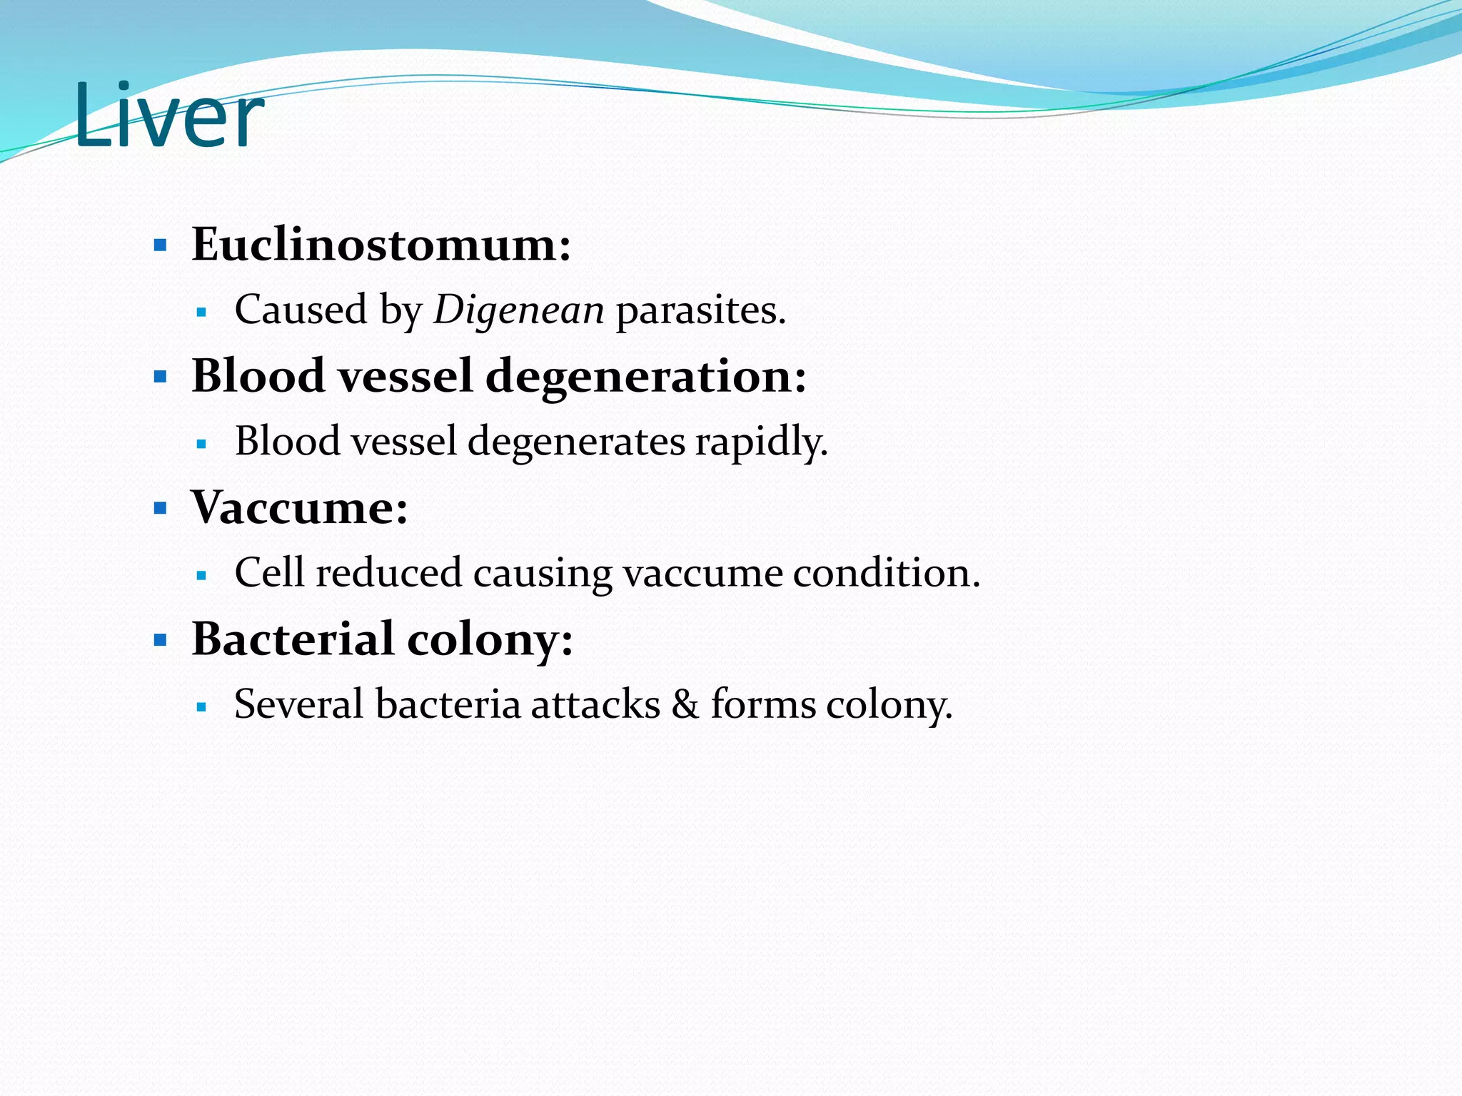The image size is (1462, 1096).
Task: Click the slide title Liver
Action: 168,116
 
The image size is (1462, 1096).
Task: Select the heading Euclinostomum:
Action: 381,245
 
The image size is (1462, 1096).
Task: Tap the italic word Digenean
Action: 519,310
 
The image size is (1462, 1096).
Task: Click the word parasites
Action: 700,310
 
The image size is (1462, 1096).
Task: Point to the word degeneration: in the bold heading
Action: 646,377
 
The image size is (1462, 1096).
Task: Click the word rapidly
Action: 761,442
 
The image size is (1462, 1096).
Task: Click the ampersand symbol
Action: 685,704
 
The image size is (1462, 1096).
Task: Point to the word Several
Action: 299,704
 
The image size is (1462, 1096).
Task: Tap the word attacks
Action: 595,704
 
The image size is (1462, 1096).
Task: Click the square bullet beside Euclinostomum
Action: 161,246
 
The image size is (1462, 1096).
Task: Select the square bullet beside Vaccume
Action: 161,509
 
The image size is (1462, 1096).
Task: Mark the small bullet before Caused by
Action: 201,313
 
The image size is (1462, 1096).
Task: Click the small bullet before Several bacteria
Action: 201,707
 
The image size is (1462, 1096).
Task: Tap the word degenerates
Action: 576,442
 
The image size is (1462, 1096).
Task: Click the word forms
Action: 763,704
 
